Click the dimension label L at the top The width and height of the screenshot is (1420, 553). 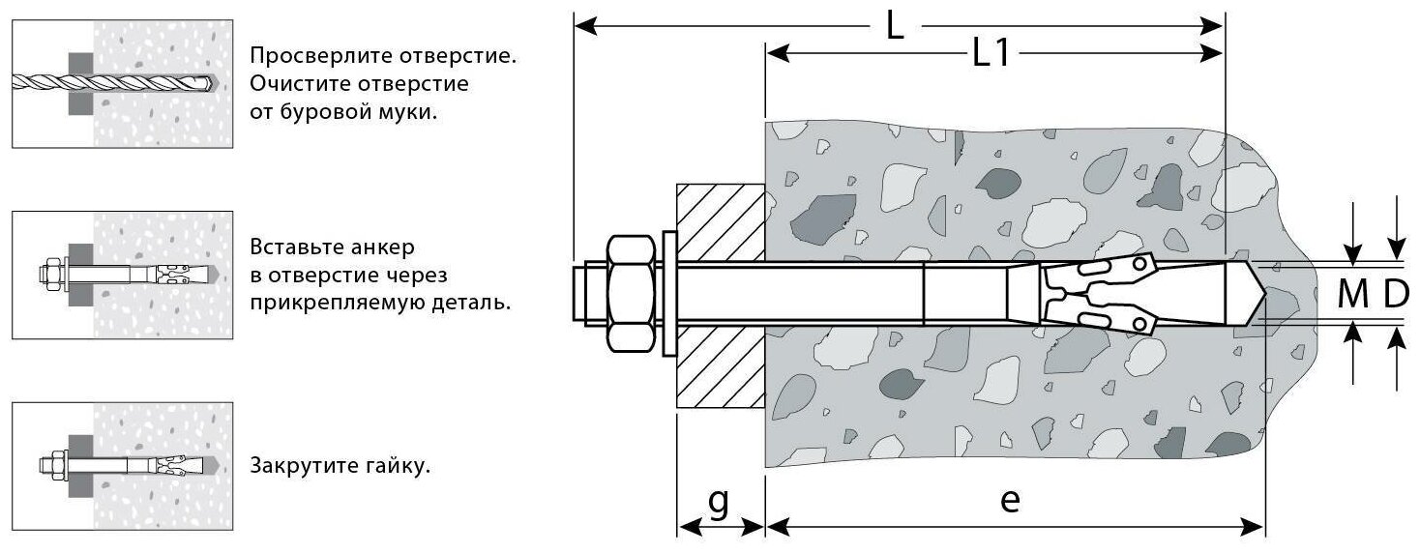coord(895,26)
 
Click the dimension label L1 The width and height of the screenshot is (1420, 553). coord(991,56)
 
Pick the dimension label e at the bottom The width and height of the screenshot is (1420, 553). coord(1011,502)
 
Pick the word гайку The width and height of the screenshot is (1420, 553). coord(398,466)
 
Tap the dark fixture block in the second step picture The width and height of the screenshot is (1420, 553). coord(80,276)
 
